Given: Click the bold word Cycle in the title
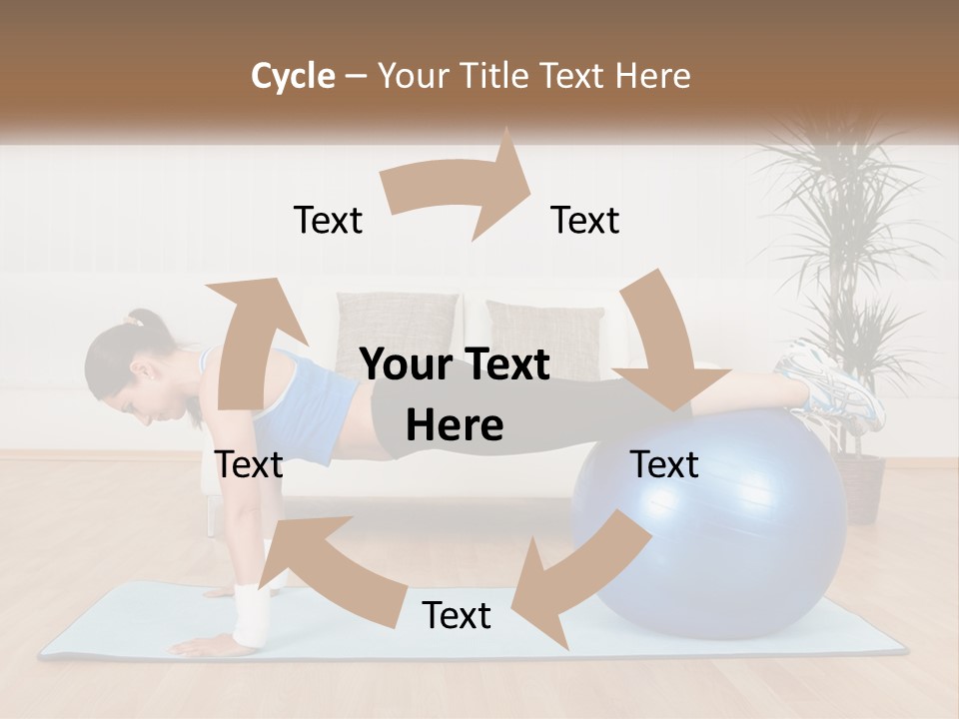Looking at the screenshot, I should point(293,76).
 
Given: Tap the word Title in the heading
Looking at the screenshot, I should point(499,76).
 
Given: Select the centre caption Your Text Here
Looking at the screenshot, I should point(455,395).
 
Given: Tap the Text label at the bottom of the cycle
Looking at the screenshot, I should point(457,616).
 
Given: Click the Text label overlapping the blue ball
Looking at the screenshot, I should point(664,465).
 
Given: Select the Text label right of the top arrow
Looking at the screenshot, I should point(585,221).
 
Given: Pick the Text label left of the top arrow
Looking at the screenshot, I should point(328,221).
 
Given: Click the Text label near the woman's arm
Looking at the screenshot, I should point(249,465).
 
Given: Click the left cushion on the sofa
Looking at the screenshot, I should point(397,330).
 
